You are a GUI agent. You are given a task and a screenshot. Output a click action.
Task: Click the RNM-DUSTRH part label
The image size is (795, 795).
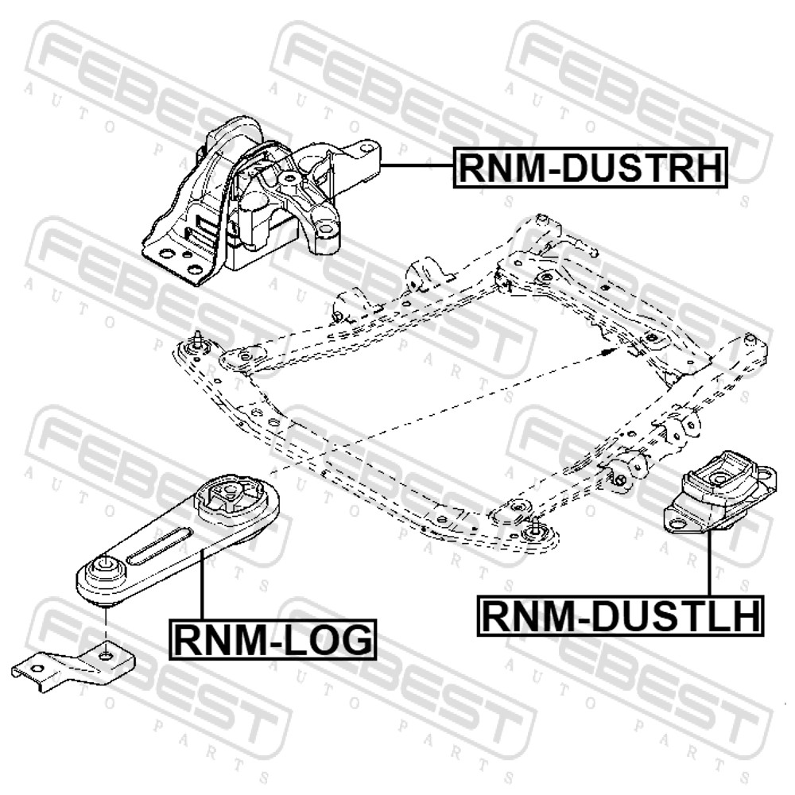coord(590,168)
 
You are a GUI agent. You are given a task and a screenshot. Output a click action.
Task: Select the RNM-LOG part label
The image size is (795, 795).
coord(273,639)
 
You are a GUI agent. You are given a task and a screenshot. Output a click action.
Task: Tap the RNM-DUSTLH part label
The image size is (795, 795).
coord(621,616)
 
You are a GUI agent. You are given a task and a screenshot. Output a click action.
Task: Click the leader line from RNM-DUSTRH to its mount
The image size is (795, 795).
coord(417,166)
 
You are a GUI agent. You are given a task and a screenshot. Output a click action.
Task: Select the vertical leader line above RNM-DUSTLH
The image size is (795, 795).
coord(709,564)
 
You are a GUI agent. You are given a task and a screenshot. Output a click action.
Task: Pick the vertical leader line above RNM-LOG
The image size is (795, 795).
coord(202,586)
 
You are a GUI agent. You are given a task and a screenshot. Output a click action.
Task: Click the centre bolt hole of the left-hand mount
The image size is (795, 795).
coord(719,477)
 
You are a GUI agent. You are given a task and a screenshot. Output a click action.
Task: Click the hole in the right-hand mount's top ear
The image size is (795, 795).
coord(366,149)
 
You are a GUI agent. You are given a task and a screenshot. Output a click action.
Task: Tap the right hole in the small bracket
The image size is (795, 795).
coord(106,657)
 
